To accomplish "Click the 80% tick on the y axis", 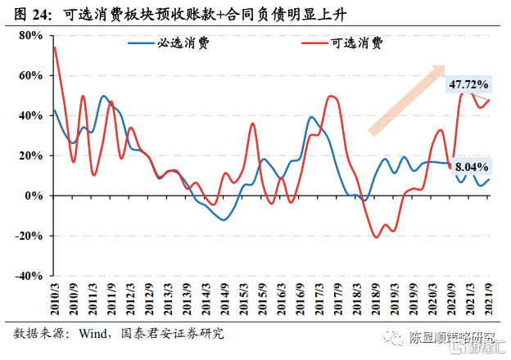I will (29, 35).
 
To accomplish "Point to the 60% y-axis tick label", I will (29, 75).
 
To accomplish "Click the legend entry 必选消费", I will (182, 43).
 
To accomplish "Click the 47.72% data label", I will (468, 84).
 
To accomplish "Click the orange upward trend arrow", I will (407, 100).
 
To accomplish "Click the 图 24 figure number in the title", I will (33, 13).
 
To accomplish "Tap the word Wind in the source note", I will (94, 335).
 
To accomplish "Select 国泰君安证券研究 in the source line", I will (172, 335).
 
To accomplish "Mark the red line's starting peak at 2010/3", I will (54, 47).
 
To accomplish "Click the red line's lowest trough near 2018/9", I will (376, 237).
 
